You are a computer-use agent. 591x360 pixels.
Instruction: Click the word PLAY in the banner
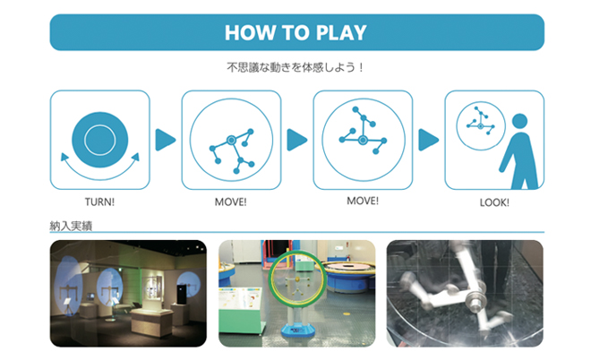point(341,32)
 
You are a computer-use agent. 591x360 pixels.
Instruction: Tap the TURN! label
point(99,202)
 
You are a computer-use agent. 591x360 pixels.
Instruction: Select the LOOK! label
point(494,202)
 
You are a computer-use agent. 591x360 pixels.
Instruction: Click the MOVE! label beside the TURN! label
point(231,202)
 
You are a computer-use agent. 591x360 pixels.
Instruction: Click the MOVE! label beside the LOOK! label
point(363,201)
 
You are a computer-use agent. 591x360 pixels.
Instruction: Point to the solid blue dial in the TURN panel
point(100,140)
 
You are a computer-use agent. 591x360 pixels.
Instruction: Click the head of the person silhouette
point(519,121)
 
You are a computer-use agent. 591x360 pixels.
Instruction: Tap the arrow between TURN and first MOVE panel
point(165,140)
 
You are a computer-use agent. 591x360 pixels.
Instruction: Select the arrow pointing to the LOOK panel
point(428,140)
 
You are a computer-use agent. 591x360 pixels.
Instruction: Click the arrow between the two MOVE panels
point(296,140)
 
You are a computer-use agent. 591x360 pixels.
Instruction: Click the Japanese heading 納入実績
point(71,226)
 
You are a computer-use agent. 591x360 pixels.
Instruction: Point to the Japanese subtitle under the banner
point(295,67)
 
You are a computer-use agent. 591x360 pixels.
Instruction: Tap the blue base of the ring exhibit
point(298,330)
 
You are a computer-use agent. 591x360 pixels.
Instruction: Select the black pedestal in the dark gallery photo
point(182,295)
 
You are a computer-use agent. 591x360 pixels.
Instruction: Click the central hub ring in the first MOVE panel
point(231,141)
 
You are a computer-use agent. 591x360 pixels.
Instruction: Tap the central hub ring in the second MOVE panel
point(363,141)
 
